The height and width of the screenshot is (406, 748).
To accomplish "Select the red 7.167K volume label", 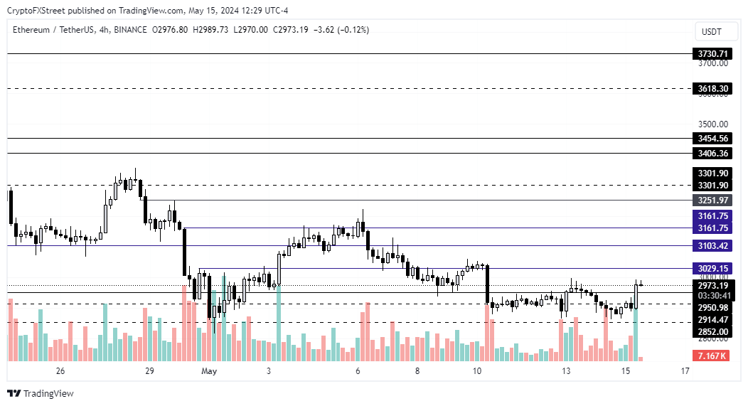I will click(711, 354).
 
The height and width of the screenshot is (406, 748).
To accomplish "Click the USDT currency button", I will click(711, 31).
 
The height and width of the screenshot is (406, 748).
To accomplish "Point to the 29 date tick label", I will click(149, 371).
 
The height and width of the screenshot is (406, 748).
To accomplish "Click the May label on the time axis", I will click(209, 371).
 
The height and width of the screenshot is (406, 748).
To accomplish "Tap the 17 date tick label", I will click(685, 371).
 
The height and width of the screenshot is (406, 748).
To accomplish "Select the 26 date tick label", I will click(60, 371).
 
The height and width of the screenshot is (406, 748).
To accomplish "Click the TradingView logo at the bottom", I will click(41, 393).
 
